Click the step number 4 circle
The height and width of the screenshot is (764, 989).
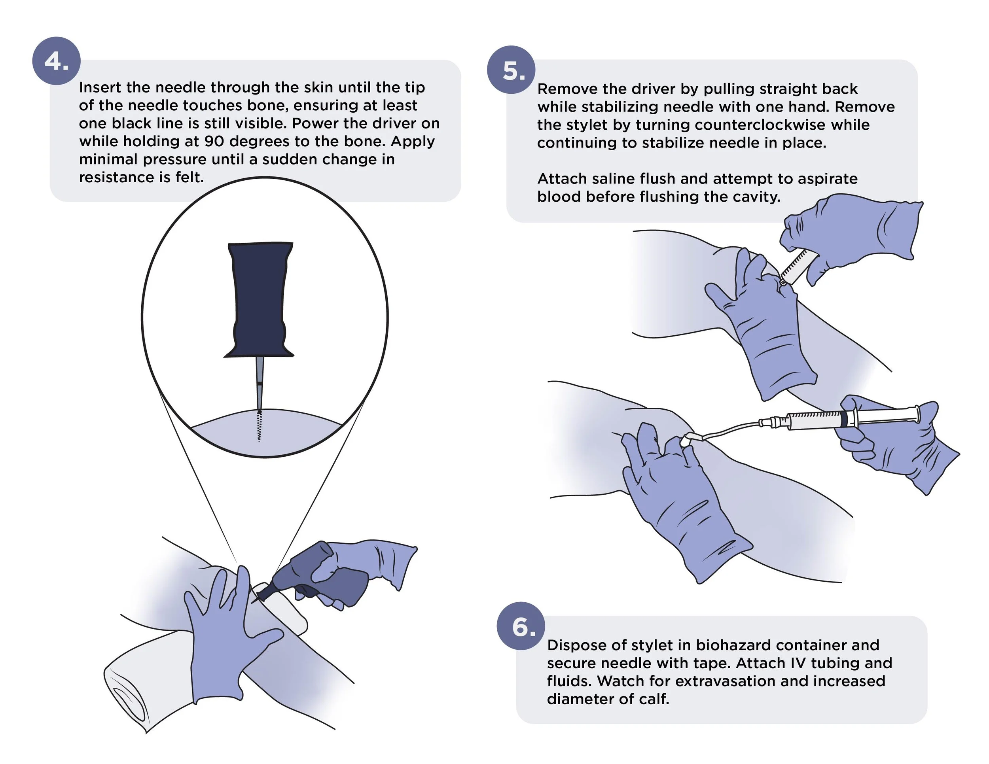coord(56,61)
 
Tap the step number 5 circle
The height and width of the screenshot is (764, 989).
coord(511,70)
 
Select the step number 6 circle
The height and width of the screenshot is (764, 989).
coord(521,626)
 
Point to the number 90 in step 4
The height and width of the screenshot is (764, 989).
coord(214,141)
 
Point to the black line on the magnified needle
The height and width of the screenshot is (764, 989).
coord(260,384)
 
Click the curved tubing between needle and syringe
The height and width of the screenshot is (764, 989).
coord(729,429)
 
